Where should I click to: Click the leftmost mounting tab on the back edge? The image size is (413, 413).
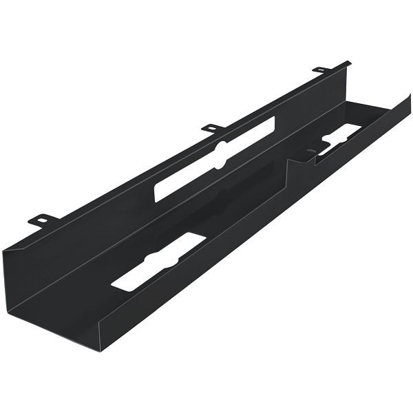click(42, 220)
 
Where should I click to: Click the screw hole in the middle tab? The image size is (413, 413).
click(213, 127)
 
